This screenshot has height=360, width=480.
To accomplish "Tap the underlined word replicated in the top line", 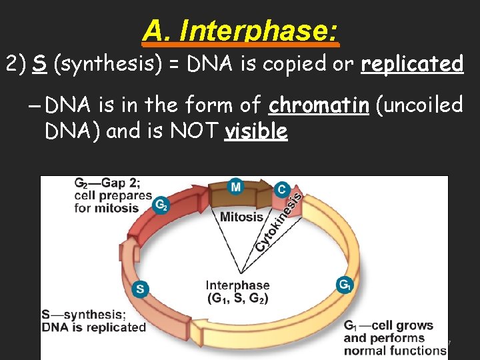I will click(411, 64).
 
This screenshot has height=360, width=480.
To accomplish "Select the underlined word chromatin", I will click(319, 105).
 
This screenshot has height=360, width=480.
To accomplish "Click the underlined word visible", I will click(257, 131).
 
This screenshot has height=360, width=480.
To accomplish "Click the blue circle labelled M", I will click(235, 187).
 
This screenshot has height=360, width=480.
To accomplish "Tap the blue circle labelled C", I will click(282, 189).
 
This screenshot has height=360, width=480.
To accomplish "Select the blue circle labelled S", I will click(139, 289).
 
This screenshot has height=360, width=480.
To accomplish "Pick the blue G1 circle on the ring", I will click(344, 285).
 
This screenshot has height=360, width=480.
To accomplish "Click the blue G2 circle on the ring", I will click(161, 205).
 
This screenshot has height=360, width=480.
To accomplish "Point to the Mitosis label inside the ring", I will click(241, 216).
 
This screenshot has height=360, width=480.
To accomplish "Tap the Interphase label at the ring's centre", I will click(237, 285).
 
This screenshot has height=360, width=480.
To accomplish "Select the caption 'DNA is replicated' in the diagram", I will click(93, 327).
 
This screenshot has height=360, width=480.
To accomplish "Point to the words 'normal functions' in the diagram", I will click(395, 350).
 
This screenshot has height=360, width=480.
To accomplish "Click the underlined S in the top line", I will click(39, 64).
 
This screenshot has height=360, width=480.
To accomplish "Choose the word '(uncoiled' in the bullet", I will click(419, 105).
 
